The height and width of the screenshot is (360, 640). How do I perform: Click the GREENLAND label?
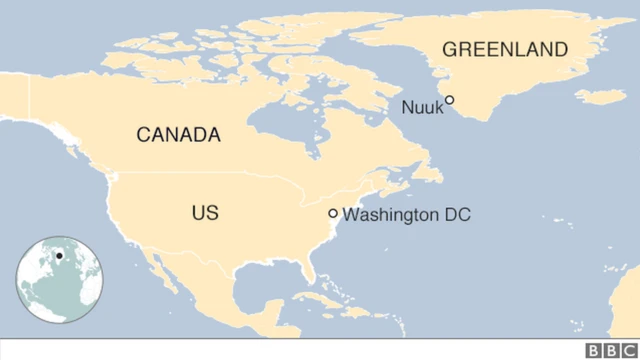(505, 49)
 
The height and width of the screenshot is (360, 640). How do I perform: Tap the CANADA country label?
(178, 135)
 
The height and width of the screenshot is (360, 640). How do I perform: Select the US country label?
(205, 213)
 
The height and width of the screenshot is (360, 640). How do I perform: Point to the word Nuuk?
(421, 107)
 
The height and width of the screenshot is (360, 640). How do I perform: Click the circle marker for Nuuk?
(450, 100)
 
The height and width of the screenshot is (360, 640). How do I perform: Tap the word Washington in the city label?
(391, 214)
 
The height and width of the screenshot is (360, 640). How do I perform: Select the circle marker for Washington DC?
(333, 213)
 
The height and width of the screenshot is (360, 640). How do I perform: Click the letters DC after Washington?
(456, 214)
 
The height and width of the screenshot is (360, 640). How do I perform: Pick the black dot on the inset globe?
(59, 257)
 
